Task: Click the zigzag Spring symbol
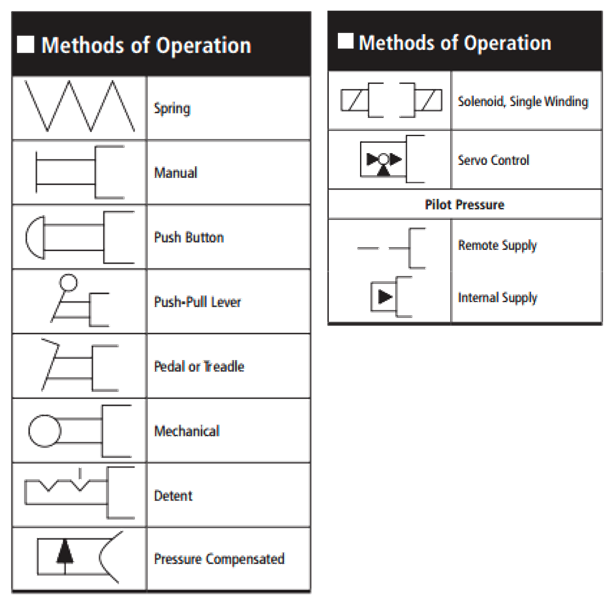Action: click(79, 106)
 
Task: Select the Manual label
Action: click(176, 173)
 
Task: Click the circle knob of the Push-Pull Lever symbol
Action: click(69, 282)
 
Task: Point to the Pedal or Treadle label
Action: click(199, 366)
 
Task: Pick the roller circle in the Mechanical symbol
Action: click(45, 431)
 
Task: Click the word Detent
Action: click(173, 496)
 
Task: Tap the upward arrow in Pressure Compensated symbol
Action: click(65, 551)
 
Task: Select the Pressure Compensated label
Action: click(219, 559)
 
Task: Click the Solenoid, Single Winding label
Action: click(523, 101)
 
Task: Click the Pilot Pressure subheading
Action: click(465, 205)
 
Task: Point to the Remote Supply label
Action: click(497, 246)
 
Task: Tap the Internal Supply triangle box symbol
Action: click(384, 297)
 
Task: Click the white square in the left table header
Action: click(26, 45)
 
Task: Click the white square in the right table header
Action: click(346, 41)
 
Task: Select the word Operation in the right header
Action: click(507, 43)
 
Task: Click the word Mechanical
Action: click(187, 431)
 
